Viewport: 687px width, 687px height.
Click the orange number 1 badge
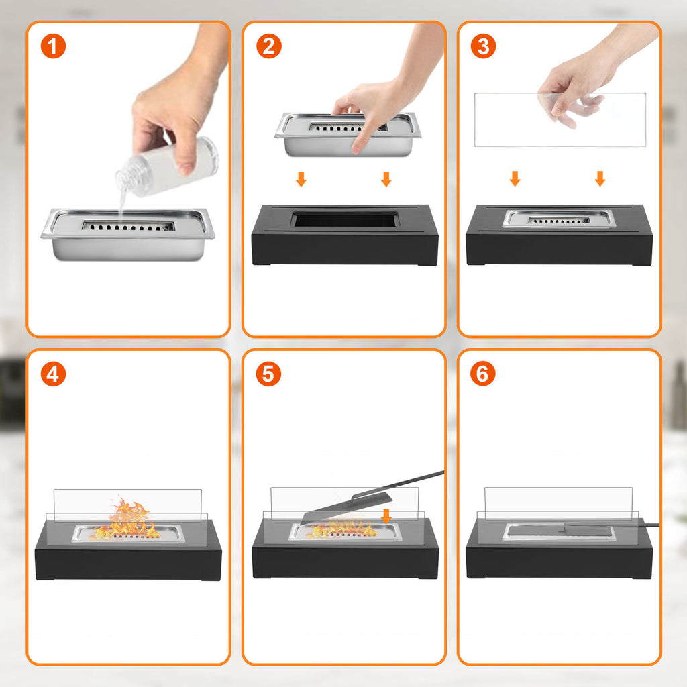(x=53, y=46)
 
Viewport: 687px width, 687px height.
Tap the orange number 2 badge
(x=268, y=46)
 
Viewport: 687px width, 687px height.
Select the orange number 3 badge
(x=483, y=46)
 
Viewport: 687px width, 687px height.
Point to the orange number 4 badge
(x=53, y=374)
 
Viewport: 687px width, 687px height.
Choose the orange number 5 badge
(x=268, y=374)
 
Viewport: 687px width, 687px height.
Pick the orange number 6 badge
(x=483, y=374)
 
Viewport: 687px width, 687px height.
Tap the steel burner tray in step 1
(x=128, y=234)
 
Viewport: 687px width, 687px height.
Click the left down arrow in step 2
(x=301, y=179)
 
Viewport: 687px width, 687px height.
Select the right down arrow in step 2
(x=386, y=179)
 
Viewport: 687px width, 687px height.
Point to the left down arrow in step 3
(x=515, y=178)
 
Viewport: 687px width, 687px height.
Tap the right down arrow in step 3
(x=600, y=178)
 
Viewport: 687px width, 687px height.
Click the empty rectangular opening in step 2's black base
(x=346, y=219)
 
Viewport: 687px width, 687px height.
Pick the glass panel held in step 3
(x=560, y=119)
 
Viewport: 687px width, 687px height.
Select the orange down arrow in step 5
(x=386, y=516)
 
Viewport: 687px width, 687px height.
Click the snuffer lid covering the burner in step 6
(x=559, y=531)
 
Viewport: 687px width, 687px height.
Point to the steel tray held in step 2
(x=348, y=134)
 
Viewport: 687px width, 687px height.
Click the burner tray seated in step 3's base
(x=559, y=219)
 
